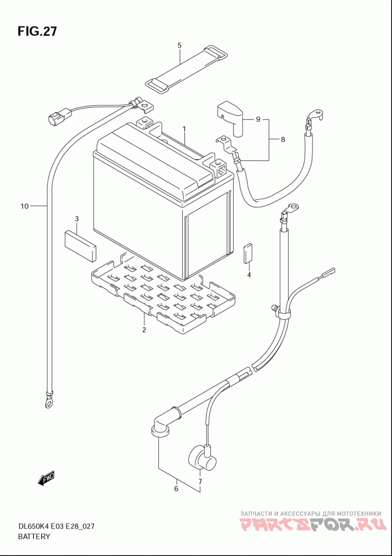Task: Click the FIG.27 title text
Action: click(x=37, y=31)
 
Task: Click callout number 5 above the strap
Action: click(x=179, y=46)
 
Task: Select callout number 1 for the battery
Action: click(x=184, y=129)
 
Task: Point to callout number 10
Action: click(x=25, y=206)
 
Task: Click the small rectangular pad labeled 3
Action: click(x=80, y=245)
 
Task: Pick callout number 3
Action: click(x=76, y=218)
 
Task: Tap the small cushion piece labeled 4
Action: click(x=248, y=253)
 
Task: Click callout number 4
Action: click(x=249, y=275)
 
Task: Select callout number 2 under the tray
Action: click(x=144, y=330)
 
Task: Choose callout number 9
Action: click(x=258, y=119)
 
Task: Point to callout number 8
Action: click(x=283, y=139)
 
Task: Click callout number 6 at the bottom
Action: click(x=176, y=488)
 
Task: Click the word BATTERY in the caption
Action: click(x=34, y=536)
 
